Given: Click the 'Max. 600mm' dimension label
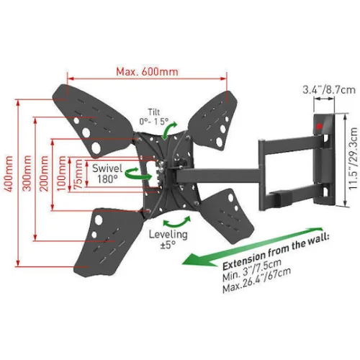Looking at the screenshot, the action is [x=147, y=71].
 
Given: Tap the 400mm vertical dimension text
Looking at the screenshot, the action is [x=9, y=174].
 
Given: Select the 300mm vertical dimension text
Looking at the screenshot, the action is [x=27, y=173].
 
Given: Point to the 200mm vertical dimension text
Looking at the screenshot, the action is [x=44, y=174].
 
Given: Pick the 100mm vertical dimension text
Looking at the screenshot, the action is [x=61, y=174].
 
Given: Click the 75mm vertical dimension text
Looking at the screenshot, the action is [x=78, y=174].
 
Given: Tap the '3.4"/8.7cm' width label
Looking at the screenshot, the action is [x=329, y=90].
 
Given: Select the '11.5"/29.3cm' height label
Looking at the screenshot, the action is [x=354, y=158].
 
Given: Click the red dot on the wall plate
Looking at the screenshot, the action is [x=319, y=126].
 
